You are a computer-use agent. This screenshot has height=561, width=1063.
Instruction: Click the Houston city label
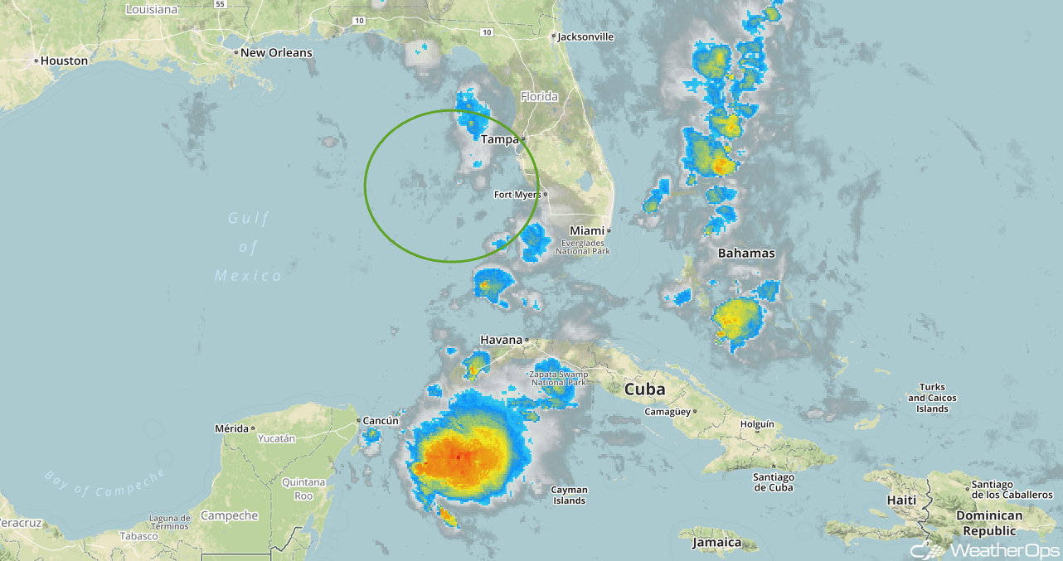click(x=64, y=60)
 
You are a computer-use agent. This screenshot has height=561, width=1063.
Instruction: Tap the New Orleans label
click(x=276, y=52)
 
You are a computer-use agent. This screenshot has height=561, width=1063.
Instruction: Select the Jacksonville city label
click(x=585, y=36)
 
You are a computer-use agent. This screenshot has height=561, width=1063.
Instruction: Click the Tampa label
click(x=499, y=139)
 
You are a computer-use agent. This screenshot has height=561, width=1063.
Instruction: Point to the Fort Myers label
click(x=517, y=195)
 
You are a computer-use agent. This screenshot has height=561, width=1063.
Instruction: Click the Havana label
click(x=502, y=340)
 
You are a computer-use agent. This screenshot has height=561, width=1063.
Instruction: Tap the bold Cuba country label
click(x=644, y=389)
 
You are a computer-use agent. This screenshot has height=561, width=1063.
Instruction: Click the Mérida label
click(x=231, y=428)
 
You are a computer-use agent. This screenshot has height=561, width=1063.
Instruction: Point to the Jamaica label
click(x=717, y=543)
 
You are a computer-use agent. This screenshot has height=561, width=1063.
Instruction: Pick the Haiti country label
click(x=901, y=501)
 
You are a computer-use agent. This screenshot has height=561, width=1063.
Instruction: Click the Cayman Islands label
click(x=569, y=495)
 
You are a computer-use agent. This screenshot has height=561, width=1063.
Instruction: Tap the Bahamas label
click(x=746, y=253)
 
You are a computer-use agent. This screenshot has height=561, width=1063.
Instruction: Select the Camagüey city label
click(x=669, y=411)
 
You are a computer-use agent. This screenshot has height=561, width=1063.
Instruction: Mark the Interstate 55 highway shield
click(x=220, y=4)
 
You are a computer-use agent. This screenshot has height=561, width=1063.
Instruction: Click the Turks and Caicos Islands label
click(x=932, y=398)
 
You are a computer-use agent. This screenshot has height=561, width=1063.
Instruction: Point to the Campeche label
click(x=229, y=515)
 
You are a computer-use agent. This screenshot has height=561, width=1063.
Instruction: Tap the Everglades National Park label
click(x=582, y=246)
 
